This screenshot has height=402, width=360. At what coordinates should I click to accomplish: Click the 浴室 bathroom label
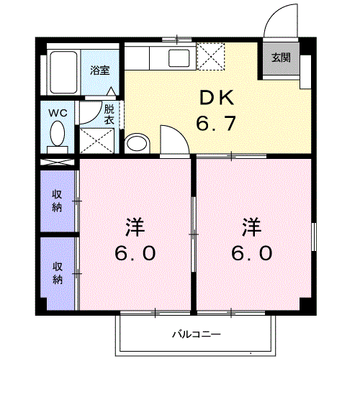coord(99,70)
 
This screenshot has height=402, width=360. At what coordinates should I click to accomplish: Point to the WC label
coord(57,113)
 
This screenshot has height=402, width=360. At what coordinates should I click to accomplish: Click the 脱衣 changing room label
coord(109,114)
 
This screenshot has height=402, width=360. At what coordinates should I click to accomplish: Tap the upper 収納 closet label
coord(57,200)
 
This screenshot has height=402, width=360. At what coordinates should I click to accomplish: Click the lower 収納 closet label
coord(57,272)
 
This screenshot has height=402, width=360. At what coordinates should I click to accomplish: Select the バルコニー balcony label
coord(196,334)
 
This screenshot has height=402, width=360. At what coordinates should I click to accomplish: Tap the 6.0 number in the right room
coord(251,254)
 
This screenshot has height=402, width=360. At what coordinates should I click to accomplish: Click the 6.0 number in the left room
coord(135,254)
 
